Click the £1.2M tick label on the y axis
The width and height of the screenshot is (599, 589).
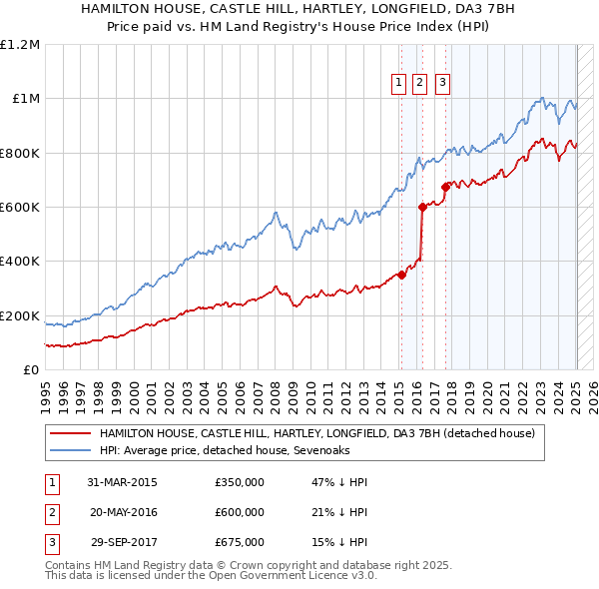[x=20, y=45]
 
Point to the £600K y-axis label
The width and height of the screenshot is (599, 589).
[x=20, y=208]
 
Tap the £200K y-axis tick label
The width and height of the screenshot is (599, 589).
[x=20, y=315]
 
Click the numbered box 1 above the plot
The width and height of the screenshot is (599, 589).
[x=399, y=83]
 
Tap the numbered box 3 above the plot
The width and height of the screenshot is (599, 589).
[x=442, y=83]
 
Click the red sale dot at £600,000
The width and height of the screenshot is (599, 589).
[x=422, y=208]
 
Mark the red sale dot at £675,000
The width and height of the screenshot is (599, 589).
[x=445, y=187]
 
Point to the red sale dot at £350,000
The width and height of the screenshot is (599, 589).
[x=401, y=275]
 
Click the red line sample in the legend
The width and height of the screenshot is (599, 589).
[x=70, y=434]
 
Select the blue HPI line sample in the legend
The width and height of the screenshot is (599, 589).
[x=70, y=450]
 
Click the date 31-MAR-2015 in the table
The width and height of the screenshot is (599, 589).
[x=123, y=482]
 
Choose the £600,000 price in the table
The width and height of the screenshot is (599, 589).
[x=240, y=512]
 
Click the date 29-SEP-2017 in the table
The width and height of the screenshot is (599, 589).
[x=123, y=542]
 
